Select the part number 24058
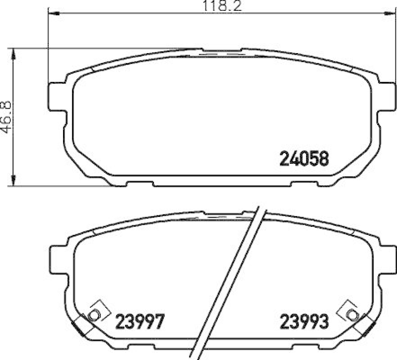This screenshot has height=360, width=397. (x=304, y=158)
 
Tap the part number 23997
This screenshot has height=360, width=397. (x=139, y=322)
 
